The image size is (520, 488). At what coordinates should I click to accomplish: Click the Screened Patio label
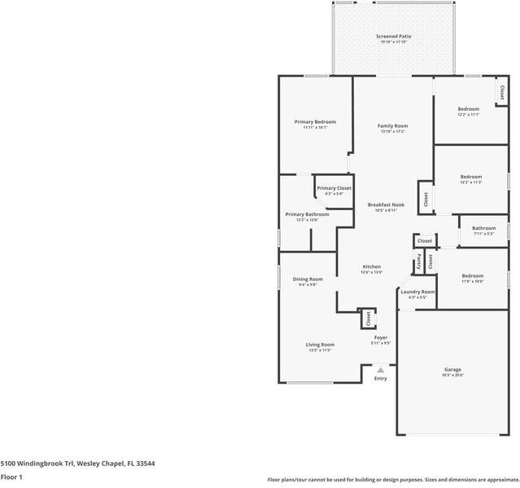pyautogui.click(x=393, y=37)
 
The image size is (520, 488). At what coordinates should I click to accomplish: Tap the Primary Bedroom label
pyautogui.click(x=315, y=121)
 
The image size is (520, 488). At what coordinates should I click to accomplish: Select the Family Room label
pyautogui.click(x=392, y=125)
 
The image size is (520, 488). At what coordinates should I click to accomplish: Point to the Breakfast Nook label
pyautogui.click(x=386, y=204)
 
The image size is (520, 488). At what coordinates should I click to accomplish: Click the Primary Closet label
pyautogui.click(x=334, y=188)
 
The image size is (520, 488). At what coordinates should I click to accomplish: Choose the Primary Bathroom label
pyautogui.click(x=307, y=214)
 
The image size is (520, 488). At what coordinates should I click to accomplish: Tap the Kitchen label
pyautogui.click(x=371, y=266)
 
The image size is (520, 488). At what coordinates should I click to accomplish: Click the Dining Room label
pyautogui.click(x=308, y=279)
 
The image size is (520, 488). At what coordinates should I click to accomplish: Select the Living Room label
pyautogui.click(x=320, y=344)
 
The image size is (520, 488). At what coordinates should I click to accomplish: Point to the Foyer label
pyautogui.click(x=381, y=336)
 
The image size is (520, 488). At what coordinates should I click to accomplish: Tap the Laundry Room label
pyautogui.click(x=417, y=291)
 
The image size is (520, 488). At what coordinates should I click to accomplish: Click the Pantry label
pyautogui.click(x=419, y=262)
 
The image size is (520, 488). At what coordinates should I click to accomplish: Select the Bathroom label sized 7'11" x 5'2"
pyautogui.click(x=484, y=228)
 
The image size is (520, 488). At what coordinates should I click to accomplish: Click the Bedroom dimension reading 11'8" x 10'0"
pyautogui.click(x=472, y=282)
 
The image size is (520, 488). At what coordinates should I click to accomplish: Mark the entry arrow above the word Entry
pyautogui.click(x=380, y=370)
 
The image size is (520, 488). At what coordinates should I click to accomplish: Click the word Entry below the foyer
pyautogui.click(x=380, y=379)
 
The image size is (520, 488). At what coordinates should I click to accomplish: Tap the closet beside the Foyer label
pyautogui.click(x=368, y=318)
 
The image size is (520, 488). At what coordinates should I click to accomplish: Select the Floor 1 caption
pyautogui.click(x=11, y=477)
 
